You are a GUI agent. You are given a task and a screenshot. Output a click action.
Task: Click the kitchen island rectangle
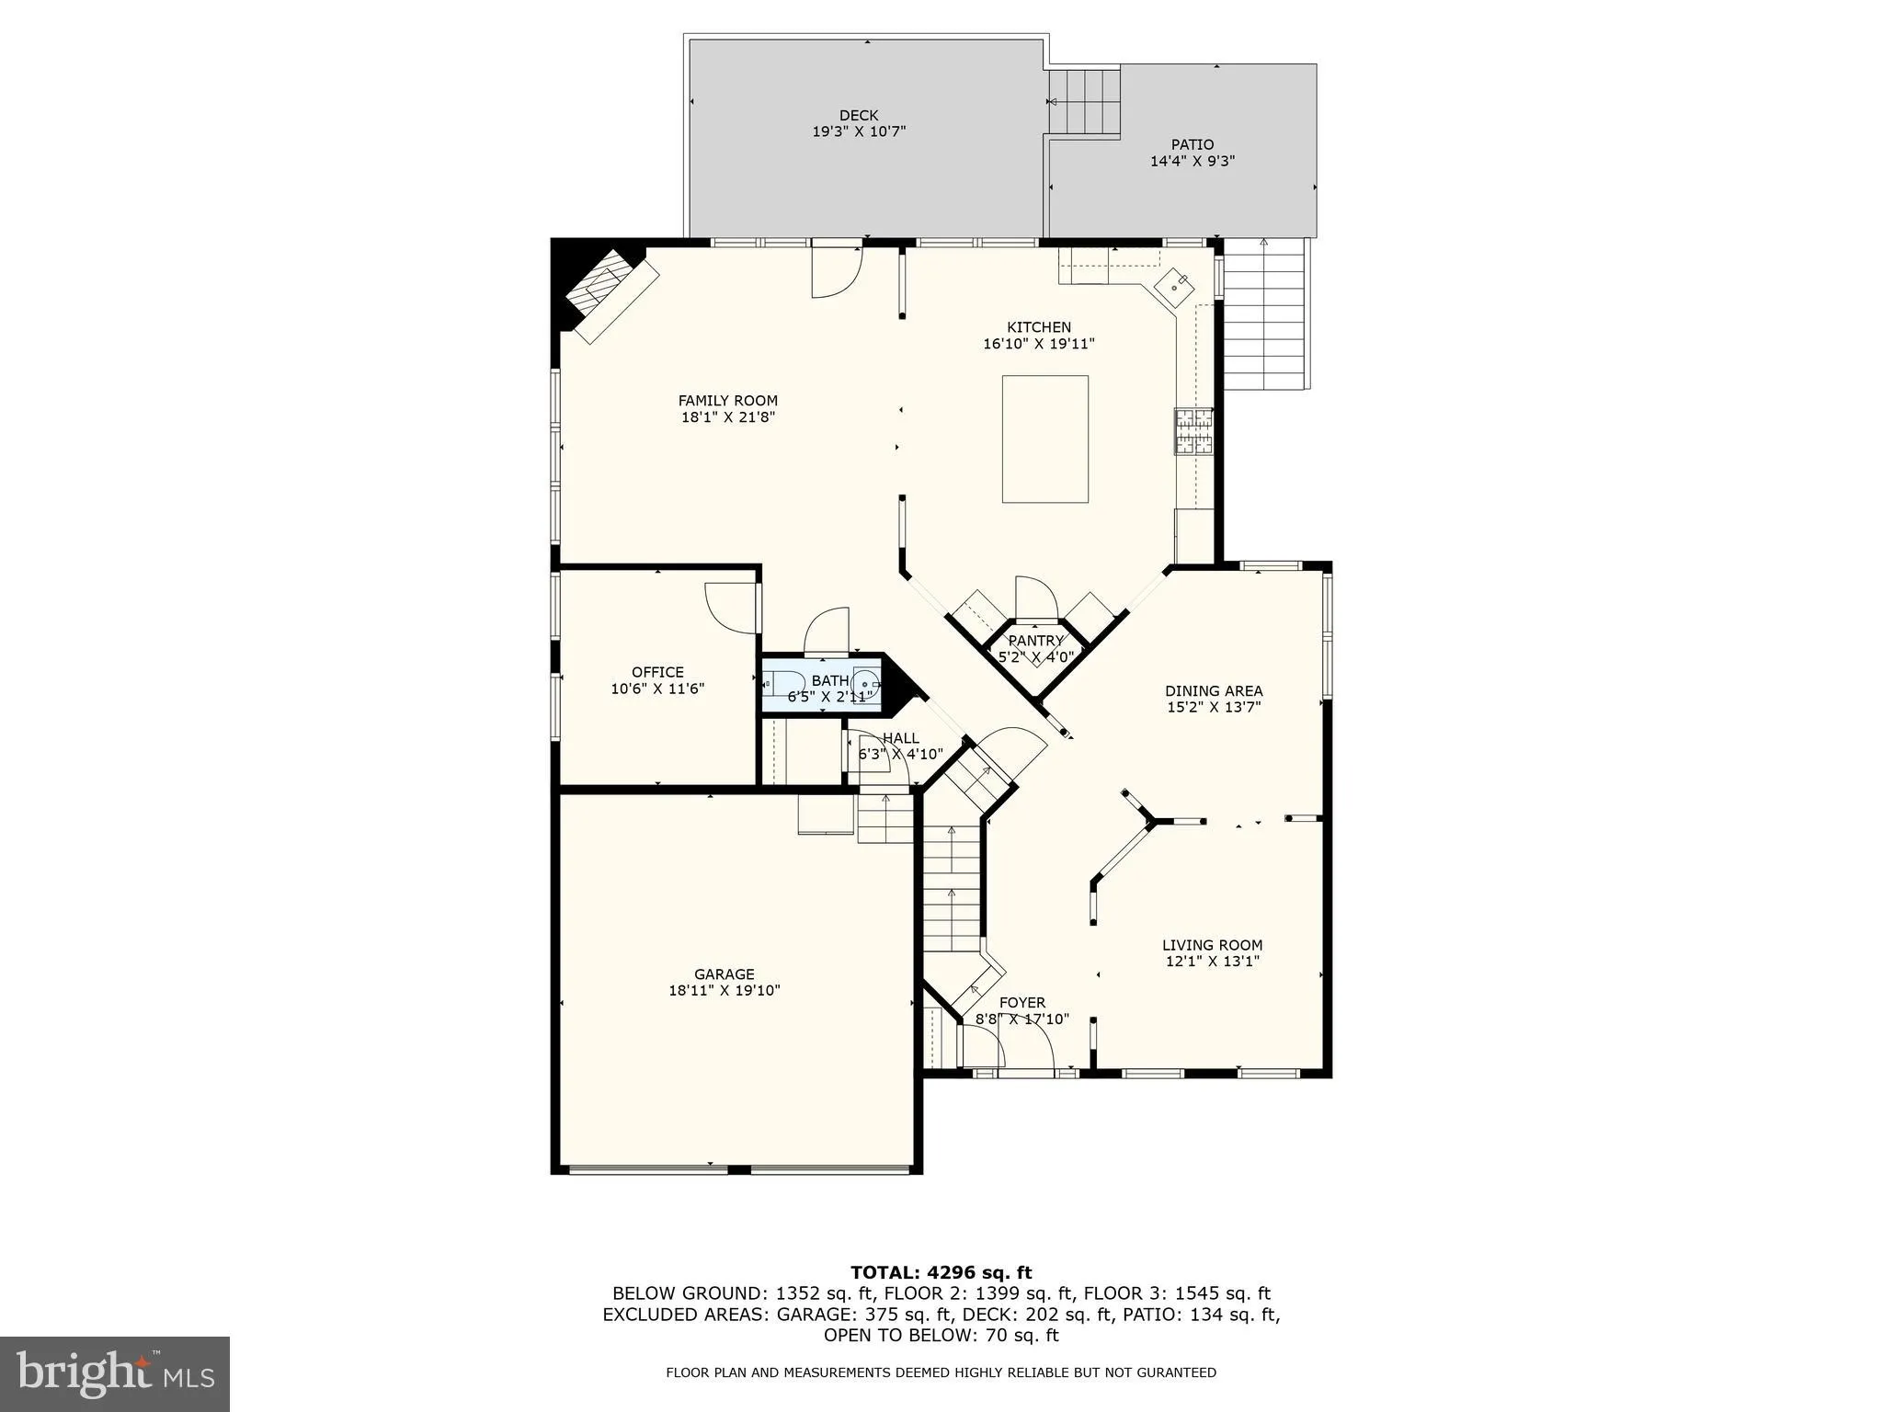(1044, 438)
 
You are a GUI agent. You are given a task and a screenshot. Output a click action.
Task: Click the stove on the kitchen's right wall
(1193, 432)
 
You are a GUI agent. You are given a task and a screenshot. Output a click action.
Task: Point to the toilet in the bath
(779, 684)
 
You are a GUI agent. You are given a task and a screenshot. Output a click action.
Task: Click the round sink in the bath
(865, 684)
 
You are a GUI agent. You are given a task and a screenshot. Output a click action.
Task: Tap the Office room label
(657, 672)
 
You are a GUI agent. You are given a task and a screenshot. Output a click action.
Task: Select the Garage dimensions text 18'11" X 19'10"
(725, 991)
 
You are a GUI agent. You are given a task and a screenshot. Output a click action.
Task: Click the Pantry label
(1036, 641)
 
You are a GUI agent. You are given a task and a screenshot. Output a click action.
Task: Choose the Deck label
(859, 116)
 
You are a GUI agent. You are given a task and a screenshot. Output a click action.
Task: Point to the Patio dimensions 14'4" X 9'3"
(1192, 162)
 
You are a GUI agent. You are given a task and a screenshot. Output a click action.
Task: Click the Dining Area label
(1214, 691)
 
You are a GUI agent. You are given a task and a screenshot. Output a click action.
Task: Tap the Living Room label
(1212, 945)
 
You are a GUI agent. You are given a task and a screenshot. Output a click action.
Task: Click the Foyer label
(1022, 1003)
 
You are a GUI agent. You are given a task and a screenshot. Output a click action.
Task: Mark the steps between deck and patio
(1085, 102)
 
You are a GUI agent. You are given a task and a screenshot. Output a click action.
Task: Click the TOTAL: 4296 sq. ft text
(941, 1273)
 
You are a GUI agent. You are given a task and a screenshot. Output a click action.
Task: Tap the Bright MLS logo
(115, 1373)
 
